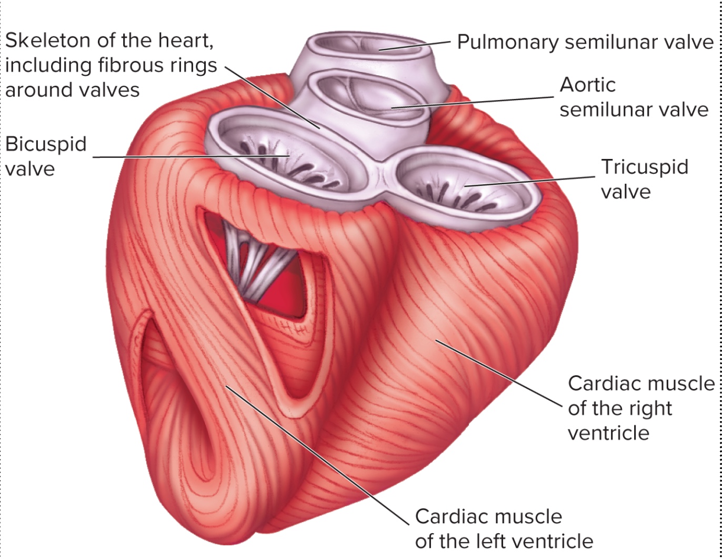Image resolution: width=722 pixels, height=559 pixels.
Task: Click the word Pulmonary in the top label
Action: click(506, 42)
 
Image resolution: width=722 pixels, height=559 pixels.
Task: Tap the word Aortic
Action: click(587, 85)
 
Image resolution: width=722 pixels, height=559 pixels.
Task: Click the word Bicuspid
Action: click(46, 145)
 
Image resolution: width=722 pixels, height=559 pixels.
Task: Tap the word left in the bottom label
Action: click(499, 541)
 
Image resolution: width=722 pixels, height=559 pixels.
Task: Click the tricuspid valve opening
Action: click(463, 189)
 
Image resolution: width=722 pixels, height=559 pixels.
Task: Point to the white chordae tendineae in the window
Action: click(258, 263)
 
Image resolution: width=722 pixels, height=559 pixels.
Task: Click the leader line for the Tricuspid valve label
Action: click(532, 181)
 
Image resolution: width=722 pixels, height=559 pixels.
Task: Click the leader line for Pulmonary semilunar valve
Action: click(416, 45)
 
